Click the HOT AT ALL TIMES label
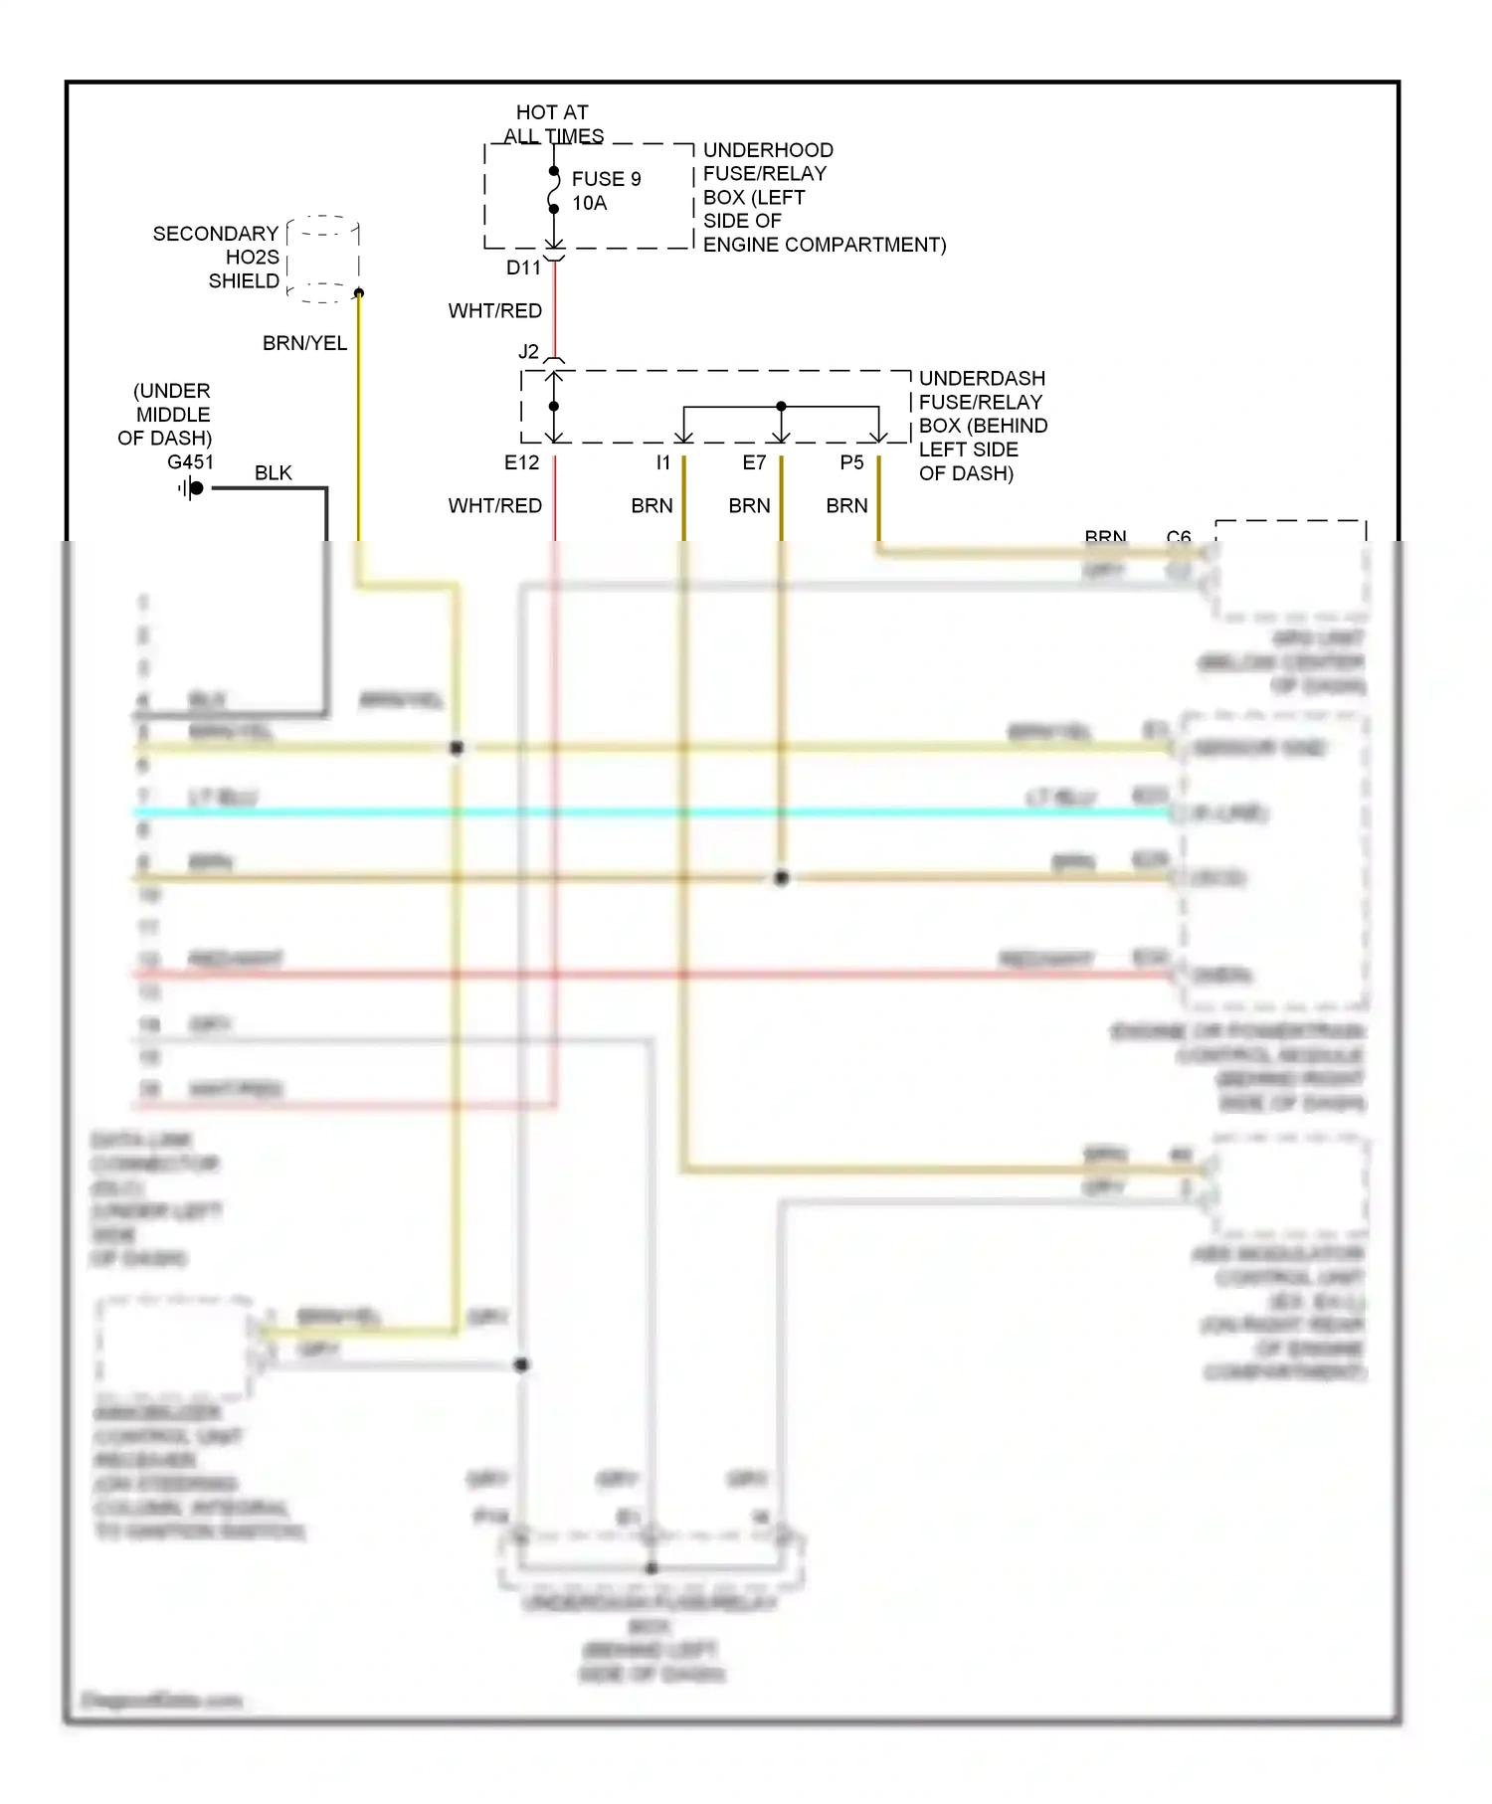coord(553,124)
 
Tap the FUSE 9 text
coord(606,179)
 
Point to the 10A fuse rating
coord(589,204)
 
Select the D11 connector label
coord(523,269)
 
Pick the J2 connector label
coord(528,352)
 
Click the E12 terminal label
coord(521,462)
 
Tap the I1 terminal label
coord(662,462)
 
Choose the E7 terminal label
coord(754,462)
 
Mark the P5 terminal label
coord(851,462)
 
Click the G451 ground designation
coord(190,462)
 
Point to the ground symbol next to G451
coord(191,488)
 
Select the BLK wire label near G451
coord(274,473)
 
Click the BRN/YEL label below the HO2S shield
coord(304,344)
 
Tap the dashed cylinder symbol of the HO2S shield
coord(322,259)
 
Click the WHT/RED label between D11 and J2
coord(494,311)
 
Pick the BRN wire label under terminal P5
coord(846,506)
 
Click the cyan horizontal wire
coord(647,812)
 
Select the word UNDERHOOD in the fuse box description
coord(768,150)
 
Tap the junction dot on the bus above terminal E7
coord(781,407)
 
